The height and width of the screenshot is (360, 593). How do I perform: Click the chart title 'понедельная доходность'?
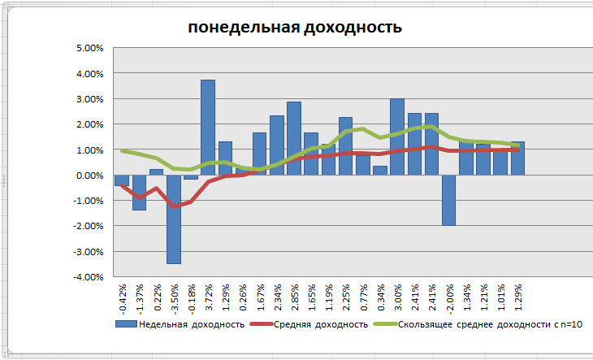(295, 28)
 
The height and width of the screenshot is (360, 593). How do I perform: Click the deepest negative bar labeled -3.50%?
(173, 219)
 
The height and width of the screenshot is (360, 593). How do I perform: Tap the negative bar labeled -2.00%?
(448, 200)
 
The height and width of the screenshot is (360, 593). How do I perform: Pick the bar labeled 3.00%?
(397, 137)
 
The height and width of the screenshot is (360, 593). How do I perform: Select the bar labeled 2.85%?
(294, 138)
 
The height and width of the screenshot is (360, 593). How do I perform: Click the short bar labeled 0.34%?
(380, 171)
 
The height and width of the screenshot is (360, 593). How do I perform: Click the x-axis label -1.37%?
(139, 297)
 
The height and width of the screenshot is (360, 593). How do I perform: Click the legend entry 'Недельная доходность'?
(192, 324)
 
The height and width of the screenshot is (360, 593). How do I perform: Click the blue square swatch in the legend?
(125, 324)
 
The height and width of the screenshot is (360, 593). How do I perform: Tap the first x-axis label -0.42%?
(122, 297)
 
